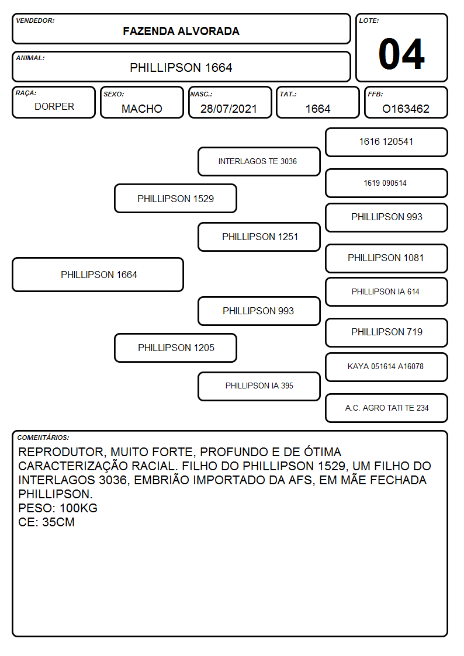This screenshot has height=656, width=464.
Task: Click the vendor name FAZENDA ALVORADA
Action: pyautogui.click(x=181, y=31)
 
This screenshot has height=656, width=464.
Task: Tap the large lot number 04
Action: pyautogui.click(x=401, y=54)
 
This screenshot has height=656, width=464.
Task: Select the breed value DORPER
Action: pyautogui.click(x=54, y=107)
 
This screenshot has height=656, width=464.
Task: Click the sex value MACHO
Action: pyautogui.click(x=142, y=109)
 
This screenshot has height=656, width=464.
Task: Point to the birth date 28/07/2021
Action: pyautogui.click(x=228, y=109)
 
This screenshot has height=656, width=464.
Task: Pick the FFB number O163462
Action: pyautogui.click(x=406, y=109)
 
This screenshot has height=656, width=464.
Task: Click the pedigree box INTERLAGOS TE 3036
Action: pyautogui.click(x=259, y=161)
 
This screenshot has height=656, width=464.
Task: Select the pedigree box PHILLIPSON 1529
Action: pyautogui.click(x=175, y=198)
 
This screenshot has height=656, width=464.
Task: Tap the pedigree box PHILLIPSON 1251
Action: pyautogui.click(x=259, y=237)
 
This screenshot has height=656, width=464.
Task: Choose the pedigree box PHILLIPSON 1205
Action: pyautogui.click(x=175, y=348)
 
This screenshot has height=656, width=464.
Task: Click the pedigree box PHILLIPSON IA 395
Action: pyautogui.click(x=259, y=386)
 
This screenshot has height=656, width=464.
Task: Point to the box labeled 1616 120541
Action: pyautogui.click(x=386, y=143)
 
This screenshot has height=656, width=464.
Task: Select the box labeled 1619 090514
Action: pyautogui.click(x=386, y=183)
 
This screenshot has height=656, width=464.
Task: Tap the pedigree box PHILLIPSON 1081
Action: pyautogui.click(x=386, y=258)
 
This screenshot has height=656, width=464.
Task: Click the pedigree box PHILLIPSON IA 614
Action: pyautogui.click(x=386, y=291)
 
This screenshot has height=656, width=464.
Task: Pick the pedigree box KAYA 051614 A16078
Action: pyautogui.click(x=386, y=367)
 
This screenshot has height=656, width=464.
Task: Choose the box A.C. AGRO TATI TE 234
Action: pyautogui.click(x=386, y=408)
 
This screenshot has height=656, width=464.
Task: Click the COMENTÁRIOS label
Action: pyautogui.click(x=43, y=438)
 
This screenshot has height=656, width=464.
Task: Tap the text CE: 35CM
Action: pyautogui.click(x=46, y=522)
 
